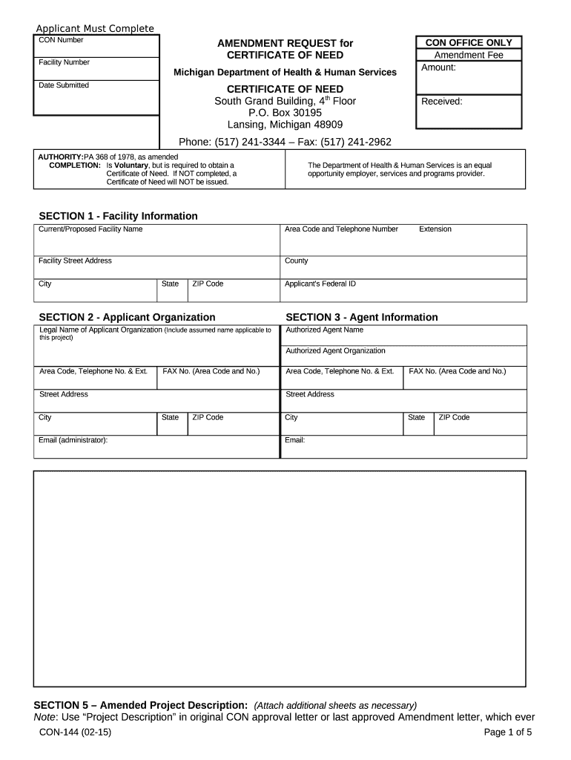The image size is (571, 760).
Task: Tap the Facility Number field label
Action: [64, 62]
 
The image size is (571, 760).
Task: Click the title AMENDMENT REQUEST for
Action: [285, 43]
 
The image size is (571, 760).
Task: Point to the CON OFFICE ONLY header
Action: [468, 43]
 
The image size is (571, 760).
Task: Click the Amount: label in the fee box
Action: [438, 68]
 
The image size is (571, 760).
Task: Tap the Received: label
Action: [441, 102]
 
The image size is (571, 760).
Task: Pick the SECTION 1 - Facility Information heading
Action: [118, 216]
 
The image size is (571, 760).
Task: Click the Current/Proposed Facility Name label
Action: [90, 229]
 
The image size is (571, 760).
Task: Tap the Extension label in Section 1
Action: [435, 229]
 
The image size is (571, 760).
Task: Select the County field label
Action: [296, 261]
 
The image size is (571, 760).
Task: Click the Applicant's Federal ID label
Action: [320, 284]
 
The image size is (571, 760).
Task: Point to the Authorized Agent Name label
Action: [324, 330]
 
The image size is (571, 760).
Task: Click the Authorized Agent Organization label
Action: [335, 350]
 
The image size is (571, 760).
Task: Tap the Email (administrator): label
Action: [73, 440]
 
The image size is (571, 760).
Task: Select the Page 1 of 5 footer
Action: [507, 733]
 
